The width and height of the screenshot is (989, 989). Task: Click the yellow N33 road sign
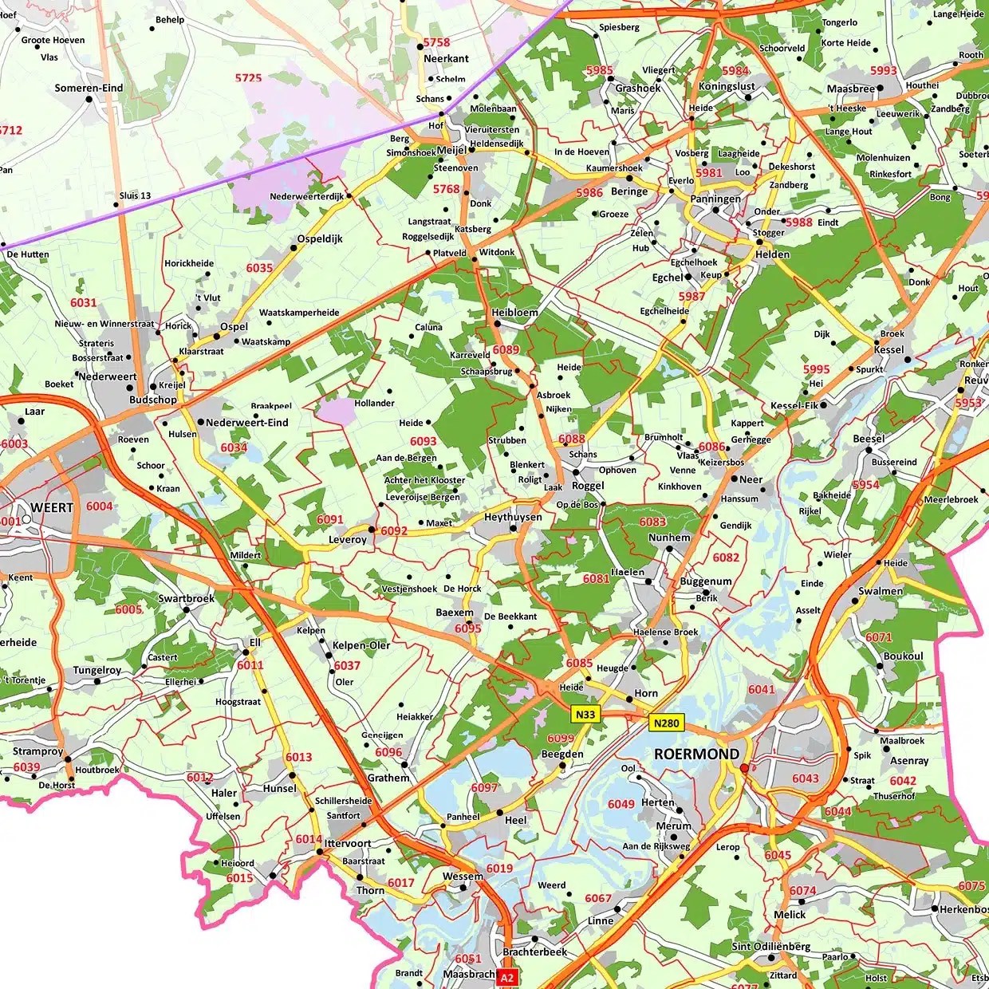pos(585,714)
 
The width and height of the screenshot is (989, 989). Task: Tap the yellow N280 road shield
pos(666,723)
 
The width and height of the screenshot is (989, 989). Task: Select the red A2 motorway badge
pos(508,977)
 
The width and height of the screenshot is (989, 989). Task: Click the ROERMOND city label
pos(685,754)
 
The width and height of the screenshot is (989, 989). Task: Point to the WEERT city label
pos(52,507)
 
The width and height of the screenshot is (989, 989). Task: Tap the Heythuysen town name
pos(513,518)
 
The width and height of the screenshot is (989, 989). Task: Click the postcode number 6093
pos(424,441)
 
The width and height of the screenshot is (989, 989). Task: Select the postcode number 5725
pos(248,77)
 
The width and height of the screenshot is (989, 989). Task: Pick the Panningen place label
pos(715,199)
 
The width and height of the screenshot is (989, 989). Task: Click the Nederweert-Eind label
pos(247,423)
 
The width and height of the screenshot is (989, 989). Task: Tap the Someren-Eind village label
pos(89,89)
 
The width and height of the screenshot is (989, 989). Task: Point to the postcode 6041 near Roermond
pos(761,689)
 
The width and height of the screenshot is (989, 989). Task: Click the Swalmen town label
pos(881,591)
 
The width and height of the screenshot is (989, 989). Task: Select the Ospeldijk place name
pos(320,238)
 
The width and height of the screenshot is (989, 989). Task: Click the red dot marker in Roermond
pos(744,768)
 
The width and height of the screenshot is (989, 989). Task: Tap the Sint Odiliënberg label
pos(771,947)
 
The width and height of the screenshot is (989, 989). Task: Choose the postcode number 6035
pos(259,268)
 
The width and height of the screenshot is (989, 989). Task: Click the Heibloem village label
pos(514,313)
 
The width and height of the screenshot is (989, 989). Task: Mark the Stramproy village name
pos(37,751)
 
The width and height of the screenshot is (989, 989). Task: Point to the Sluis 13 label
pos(135,195)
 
